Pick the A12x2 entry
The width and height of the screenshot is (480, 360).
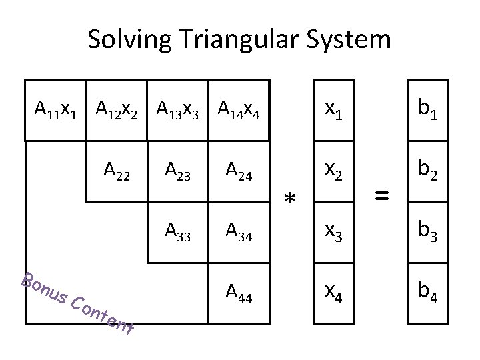pos(117,108)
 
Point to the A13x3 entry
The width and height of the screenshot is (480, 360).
pos(178,108)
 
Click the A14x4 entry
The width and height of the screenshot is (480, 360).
pos(239,108)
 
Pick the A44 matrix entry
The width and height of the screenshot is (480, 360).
pos(239,291)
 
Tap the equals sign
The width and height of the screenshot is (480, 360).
pos(381,195)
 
